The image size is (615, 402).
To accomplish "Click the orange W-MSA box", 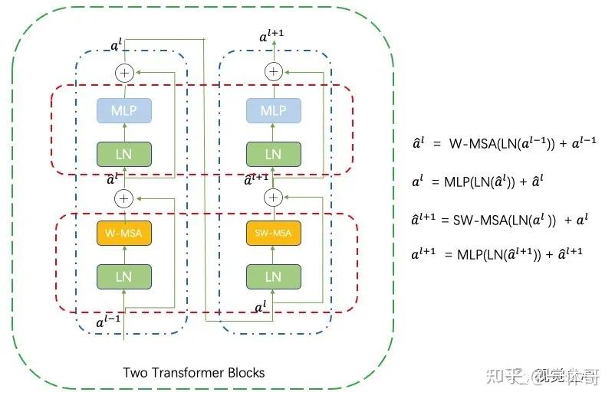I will (x=124, y=232).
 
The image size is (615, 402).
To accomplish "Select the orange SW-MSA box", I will (x=273, y=232).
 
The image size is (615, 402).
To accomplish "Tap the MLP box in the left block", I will (x=124, y=111).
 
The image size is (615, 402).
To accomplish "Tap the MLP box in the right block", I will (x=273, y=111).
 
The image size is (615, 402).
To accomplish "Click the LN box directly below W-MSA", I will (x=124, y=276).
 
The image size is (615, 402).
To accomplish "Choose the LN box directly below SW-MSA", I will (x=273, y=276).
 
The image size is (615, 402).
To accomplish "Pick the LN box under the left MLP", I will (x=124, y=154).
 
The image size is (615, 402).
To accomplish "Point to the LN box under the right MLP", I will (x=273, y=154).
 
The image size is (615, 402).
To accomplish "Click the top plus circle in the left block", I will (x=124, y=73).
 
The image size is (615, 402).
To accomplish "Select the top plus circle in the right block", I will (x=273, y=72).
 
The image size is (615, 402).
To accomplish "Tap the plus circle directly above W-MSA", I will (x=124, y=198).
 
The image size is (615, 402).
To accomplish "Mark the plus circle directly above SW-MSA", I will (x=273, y=198).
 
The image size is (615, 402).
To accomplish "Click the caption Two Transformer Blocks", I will (x=194, y=373).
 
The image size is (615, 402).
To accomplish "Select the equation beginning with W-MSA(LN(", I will (x=503, y=142).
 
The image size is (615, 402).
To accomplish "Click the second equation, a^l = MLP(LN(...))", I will (x=483, y=181).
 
